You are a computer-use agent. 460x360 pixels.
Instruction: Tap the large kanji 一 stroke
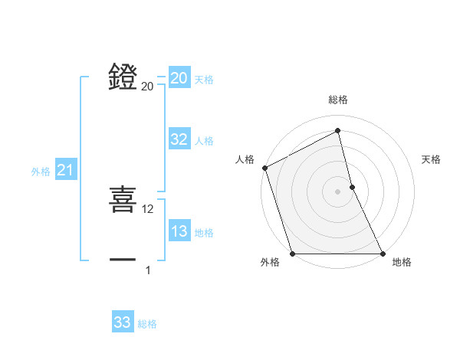coord(123,260)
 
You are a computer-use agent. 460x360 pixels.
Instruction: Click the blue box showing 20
coord(179,78)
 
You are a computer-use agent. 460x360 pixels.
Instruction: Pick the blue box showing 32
coord(179,139)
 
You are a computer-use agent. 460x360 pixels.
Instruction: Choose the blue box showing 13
coord(179,231)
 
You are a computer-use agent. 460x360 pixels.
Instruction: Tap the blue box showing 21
coord(65,171)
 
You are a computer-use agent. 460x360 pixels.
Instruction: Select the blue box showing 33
coord(123,322)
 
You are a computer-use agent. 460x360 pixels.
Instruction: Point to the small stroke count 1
coord(148,270)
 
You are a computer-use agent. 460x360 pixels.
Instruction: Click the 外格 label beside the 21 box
coord(41,172)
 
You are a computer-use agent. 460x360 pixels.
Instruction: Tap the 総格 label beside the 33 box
coord(147,324)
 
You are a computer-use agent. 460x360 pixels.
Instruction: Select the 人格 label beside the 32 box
coord(204,141)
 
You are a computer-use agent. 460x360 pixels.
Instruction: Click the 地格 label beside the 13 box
coord(204,233)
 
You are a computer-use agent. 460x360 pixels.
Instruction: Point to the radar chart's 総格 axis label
coord(338,100)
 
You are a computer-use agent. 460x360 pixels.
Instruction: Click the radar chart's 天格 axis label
coord(432,159)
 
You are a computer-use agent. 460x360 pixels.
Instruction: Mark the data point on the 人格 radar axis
coord(264,168)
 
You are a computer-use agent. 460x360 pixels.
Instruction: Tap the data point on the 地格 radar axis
coord(383,254)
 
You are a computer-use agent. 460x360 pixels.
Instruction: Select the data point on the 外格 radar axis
coord(292,254)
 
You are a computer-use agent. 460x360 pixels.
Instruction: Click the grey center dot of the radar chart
coord(337,191)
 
